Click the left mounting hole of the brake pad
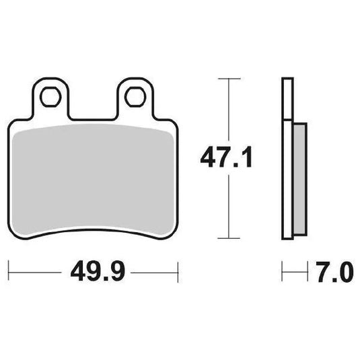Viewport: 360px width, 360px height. (50, 97)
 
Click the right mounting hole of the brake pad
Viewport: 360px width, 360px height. (134, 97)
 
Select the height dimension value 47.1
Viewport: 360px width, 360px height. (225, 159)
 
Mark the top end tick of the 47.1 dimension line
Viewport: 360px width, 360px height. (230, 79)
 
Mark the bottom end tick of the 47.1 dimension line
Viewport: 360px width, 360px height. (230, 238)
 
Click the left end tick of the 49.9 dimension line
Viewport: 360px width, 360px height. (9, 273)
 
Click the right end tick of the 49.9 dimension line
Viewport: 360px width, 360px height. (178, 273)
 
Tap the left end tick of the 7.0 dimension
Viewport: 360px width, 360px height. (283, 273)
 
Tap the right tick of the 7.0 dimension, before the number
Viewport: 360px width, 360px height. (306, 273)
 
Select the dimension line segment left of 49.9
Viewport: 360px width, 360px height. (34, 273)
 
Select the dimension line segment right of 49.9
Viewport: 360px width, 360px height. (155, 273)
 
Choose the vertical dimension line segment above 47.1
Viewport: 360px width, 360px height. (230, 108)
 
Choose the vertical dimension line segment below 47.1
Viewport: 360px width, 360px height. (230, 209)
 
